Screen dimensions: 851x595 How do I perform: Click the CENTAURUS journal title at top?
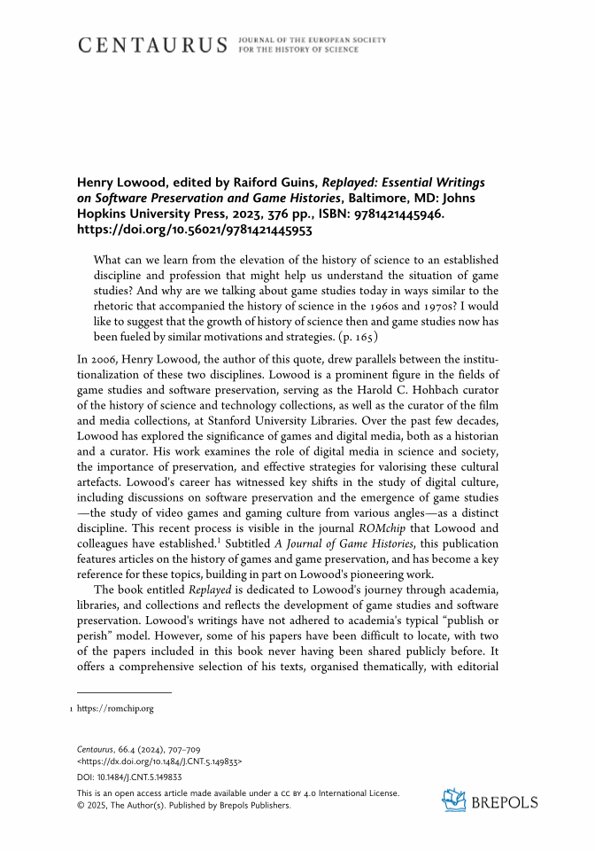click(153, 45)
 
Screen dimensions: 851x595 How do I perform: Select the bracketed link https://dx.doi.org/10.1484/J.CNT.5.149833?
click(160, 761)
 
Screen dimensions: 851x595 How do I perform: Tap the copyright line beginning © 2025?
click(183, 805)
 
